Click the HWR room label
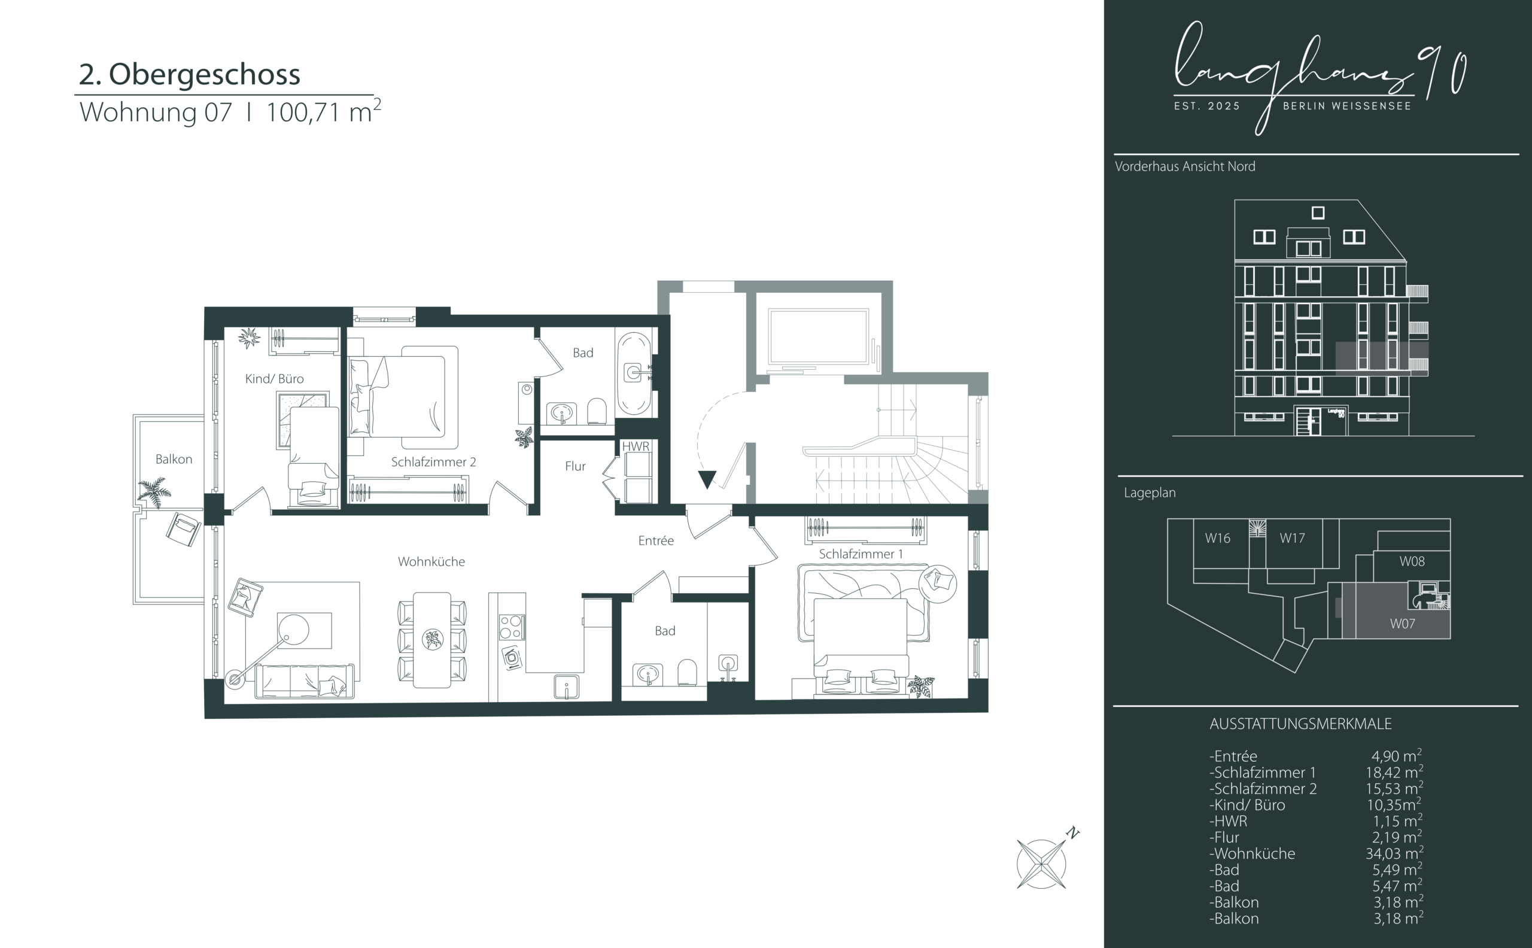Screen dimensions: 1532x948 [x=636, y=446]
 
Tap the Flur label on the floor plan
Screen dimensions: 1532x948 [x=575, y=466]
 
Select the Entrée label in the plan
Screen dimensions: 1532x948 [x=656, y=540]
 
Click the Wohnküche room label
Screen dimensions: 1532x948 [x=431, y=562]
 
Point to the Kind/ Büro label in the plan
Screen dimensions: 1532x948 [x=274, y=379]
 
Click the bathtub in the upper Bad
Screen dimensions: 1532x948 [x=634, y=373]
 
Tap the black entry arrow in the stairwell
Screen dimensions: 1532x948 [x=707, y=479]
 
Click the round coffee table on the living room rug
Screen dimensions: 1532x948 [x=293, y=629]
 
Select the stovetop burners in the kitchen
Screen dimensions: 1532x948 [x=511, y=627]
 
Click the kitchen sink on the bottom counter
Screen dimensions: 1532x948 [x=566, y=686]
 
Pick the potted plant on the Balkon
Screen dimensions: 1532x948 [x=154, y=491]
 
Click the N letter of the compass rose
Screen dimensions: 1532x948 [x=1073, y=833]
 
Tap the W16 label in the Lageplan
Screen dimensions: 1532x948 [x=1217, y=538]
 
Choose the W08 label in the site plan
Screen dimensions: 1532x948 [x=1412, y=561]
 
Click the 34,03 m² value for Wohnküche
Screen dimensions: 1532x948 [x=1395, y=853]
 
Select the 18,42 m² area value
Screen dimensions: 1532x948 [x=1395, y=772]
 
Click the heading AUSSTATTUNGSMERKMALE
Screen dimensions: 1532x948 [x=1300, y=724]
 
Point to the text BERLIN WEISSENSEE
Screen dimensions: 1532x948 [x=1347, y=106]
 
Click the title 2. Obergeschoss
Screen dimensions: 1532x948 [x=189, y=74]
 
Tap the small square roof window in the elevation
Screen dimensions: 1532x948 [x=1318, y=213]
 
